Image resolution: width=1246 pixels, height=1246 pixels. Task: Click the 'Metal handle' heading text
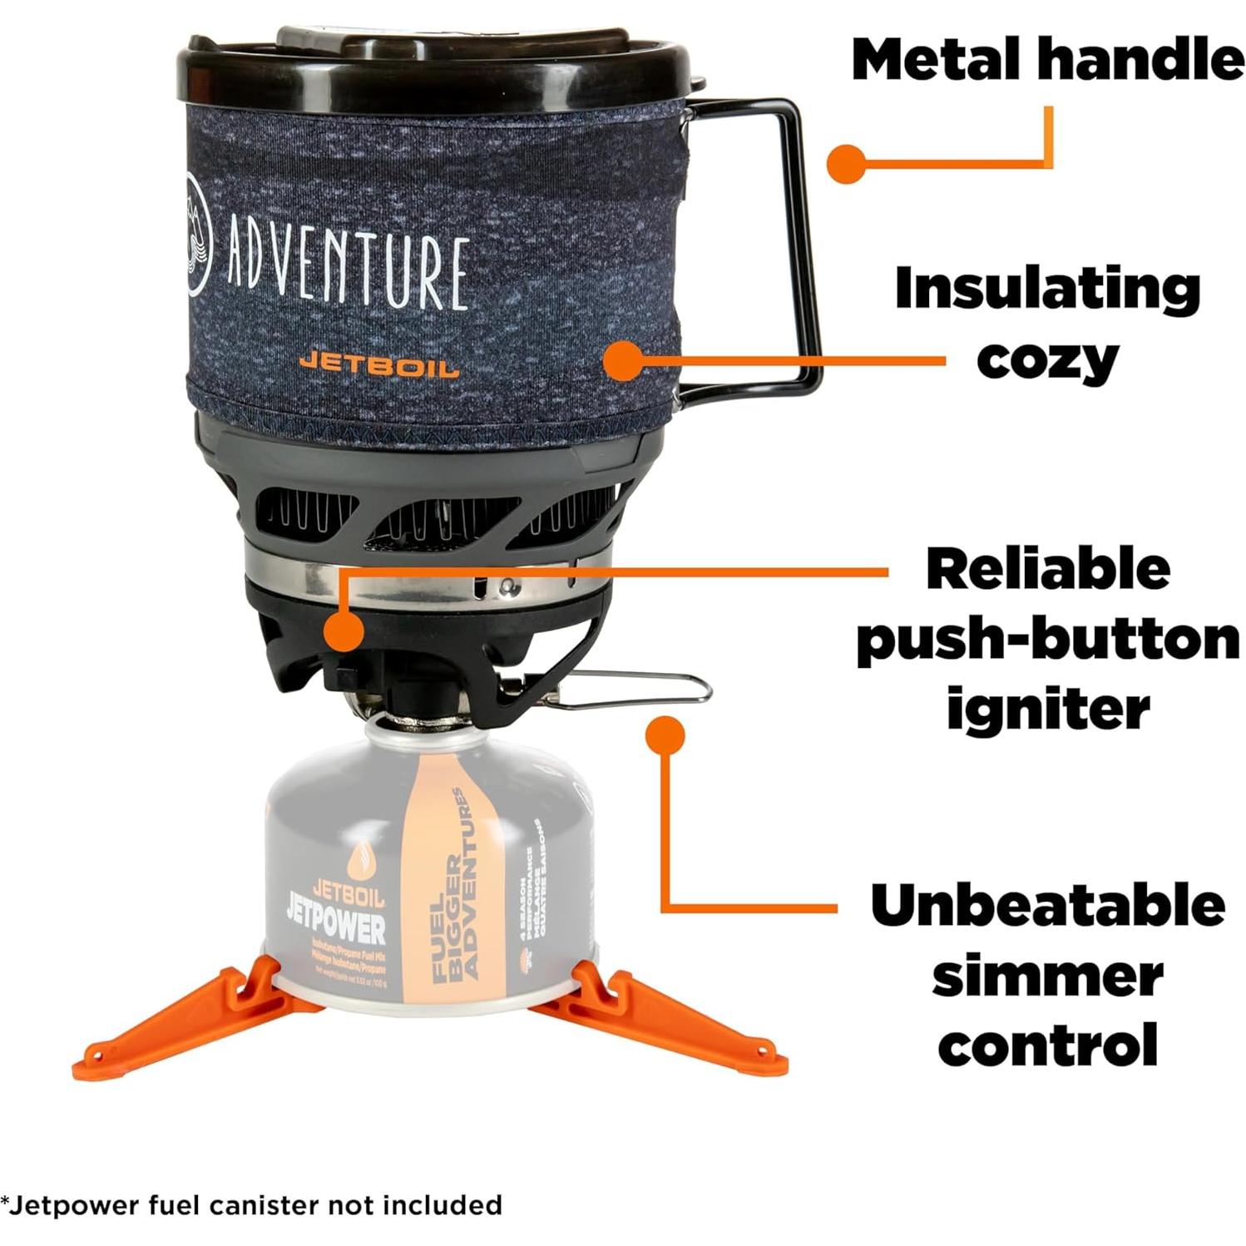(x=1046, y=60)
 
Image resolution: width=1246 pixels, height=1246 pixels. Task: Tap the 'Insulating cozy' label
(x=1046, y=324)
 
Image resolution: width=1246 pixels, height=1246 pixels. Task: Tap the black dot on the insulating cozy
(x=623, y=361)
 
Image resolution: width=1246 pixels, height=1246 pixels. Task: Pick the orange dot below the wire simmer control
(x=663, y=734)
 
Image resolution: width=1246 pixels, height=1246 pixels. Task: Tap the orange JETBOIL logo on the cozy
(x=378, y=363)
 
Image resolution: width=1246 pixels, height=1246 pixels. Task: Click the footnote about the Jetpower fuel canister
(x=252, y=1204)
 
